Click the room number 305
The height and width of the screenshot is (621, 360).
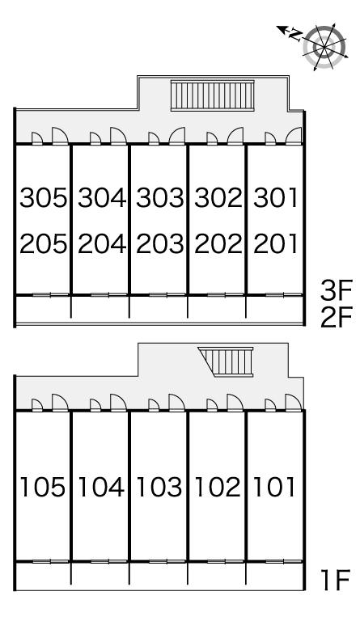tap(43, 197)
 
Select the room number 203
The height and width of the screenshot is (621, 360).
tap(160, 243)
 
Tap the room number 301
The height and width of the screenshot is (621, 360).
tap(275, 197)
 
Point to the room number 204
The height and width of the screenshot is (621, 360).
tap(102, 243)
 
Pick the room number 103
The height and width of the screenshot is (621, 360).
tap(159, 487)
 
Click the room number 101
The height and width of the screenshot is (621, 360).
tap(274, 487)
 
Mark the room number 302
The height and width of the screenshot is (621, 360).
tap(218, 197)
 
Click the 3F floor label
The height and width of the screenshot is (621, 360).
tap(337, 292)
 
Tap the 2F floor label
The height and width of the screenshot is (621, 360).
tap(337, 318)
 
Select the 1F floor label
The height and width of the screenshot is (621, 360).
tap(336, 580)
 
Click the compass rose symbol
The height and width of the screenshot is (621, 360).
tap(324, 47)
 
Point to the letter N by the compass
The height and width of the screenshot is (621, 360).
tap(294, 35)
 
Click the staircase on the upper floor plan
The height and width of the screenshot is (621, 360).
tap(213, 95)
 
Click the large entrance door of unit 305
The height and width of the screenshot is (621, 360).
tap(60, 136)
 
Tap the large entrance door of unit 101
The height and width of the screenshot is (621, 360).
tap(294, 403)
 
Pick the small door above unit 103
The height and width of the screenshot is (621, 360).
tap(153, 405)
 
